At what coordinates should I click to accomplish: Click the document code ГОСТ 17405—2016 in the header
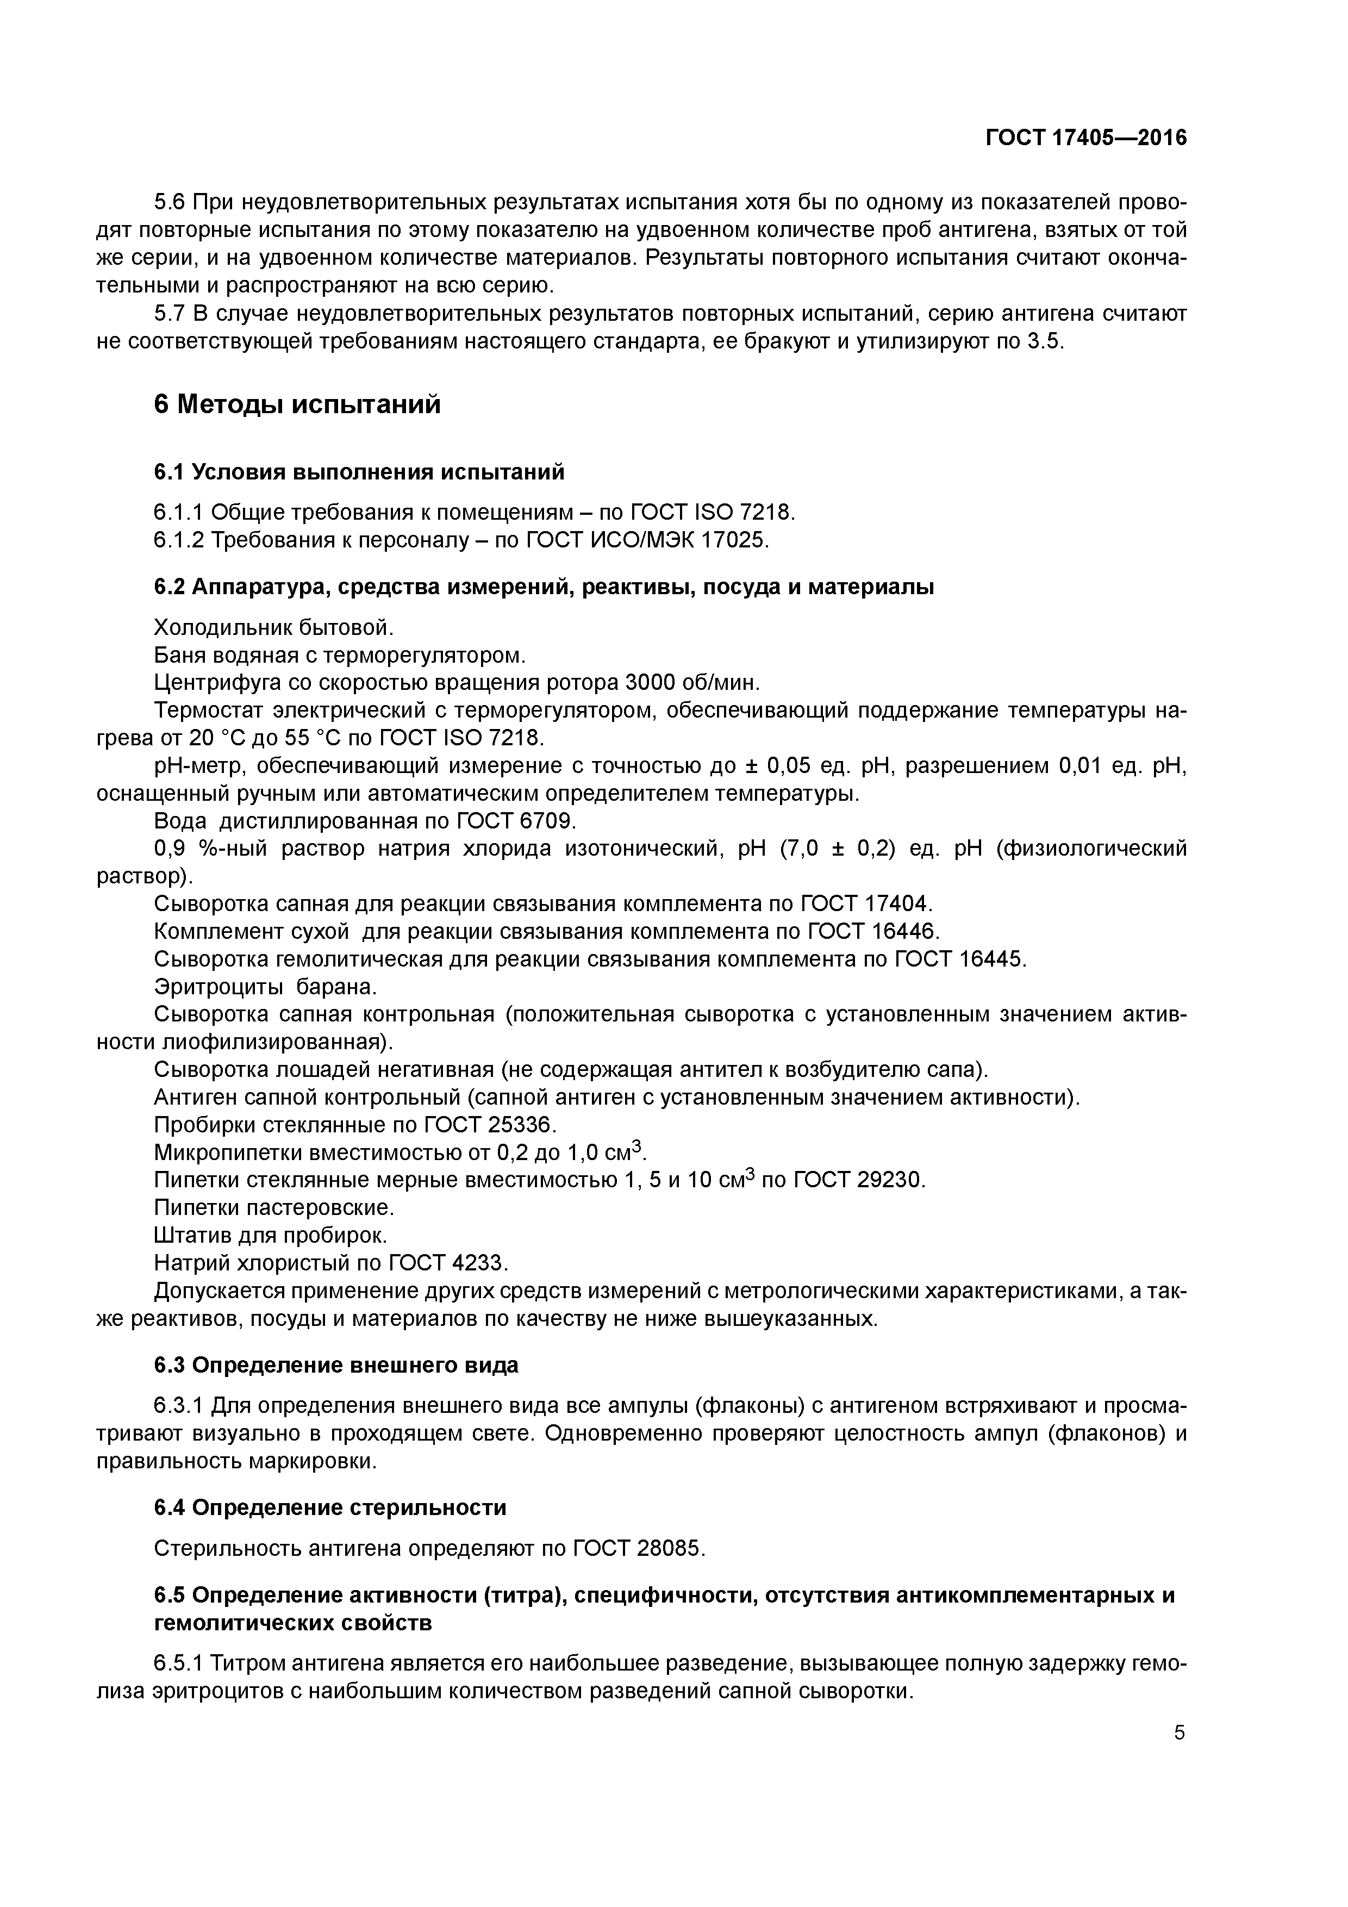pyautogui.click(x=1085, y=138)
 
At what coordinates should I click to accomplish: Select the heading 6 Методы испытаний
pyautogui.click(x=297, y=406)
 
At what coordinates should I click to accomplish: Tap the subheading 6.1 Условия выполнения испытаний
pyautogui.click(x=359, y=472)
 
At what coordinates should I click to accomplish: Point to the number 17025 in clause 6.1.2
pyautogui.click(x=733, y=540)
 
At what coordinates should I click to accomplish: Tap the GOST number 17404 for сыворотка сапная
pyautogui.click(x=900, y=903)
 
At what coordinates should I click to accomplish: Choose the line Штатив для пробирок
pyautogui.click(x=271, y=1235)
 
